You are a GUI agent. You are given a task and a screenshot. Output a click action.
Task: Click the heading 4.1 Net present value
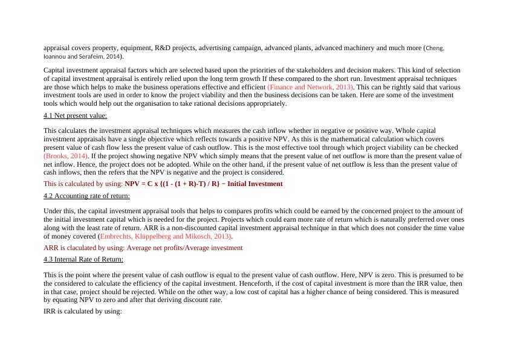tap(75, 115)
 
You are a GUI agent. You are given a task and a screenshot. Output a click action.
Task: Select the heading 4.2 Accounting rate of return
tap(86, 196)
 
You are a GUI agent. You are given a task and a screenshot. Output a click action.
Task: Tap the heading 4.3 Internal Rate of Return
tap(83, 259)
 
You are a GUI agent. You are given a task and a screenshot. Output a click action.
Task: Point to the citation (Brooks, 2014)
tap(65, 156)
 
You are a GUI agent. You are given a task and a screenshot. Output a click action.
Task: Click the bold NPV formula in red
tap(203, 184)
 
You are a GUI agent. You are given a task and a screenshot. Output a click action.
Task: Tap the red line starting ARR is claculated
tap(143, 248)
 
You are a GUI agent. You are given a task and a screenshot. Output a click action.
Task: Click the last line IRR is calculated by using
tap(83, 311)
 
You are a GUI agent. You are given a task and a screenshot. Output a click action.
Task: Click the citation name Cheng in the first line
tap(435, 48)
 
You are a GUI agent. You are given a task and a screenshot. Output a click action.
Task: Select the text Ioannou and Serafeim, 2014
tap(81, 56)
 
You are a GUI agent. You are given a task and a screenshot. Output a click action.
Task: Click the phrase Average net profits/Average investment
tap(184, 248)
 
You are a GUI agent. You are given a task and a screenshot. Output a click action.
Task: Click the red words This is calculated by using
tap(83, 184)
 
